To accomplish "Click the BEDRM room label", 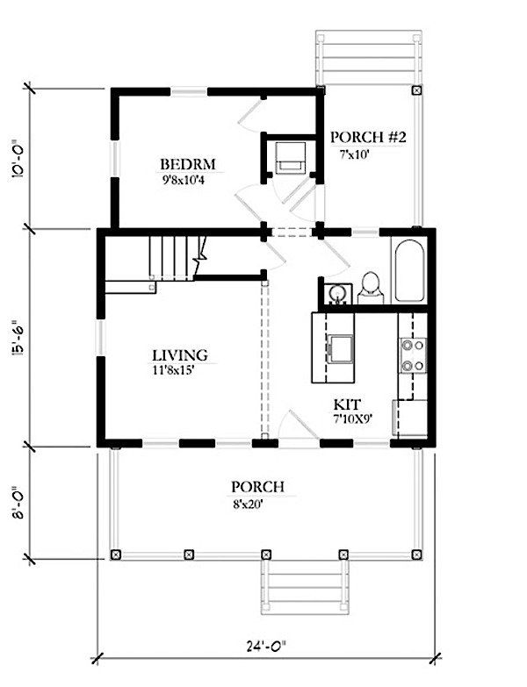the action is (x=188, y=164).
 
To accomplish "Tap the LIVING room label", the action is (x=180, y=354).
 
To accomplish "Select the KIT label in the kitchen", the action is (x=347, y=404).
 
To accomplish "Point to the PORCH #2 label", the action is (x=368, y=137).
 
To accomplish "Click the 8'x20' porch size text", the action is (x=248, y=505).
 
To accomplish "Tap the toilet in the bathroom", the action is (x=371, y=288).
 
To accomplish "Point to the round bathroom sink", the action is (x=337, y=292).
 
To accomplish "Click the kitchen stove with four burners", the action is (x=412, y=355).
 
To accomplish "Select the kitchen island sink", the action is (x=340, y=348).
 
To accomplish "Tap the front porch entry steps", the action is (x=305, y=586).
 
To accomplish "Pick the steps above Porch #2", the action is (x=369, y=57).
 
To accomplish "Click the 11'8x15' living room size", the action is (x=173, y=370).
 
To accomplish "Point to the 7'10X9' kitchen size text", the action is (x=352, y=419).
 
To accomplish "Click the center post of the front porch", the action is (x=266, y=555).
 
